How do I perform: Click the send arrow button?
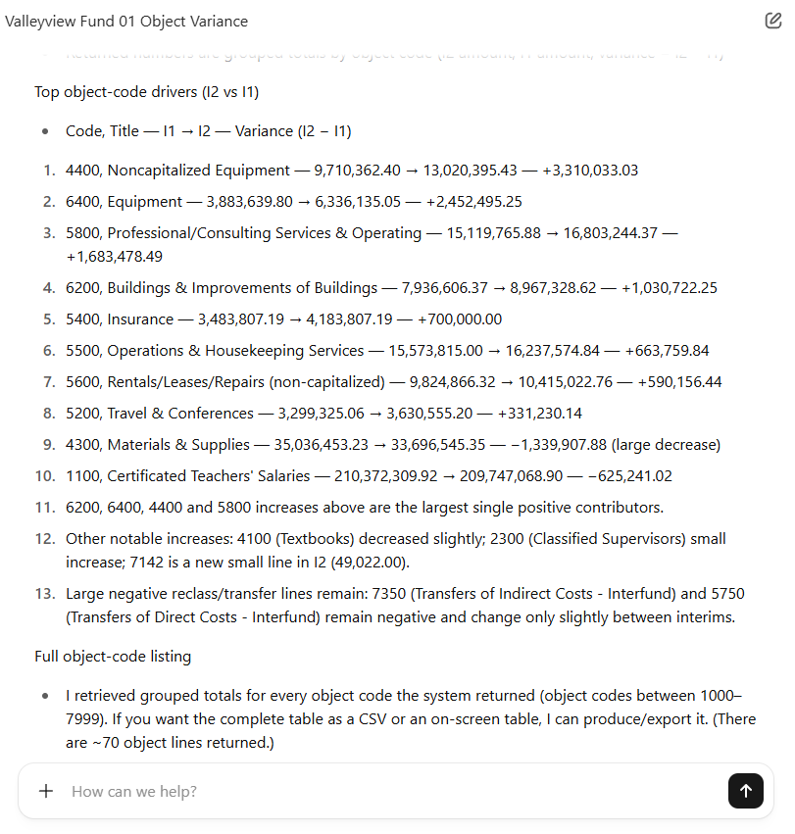point(745,791)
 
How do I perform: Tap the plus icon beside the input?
point(46,791)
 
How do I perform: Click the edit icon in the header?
point(772,21)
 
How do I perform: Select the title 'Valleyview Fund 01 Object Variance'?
point(126,22)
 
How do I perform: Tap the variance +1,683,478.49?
point(114,257)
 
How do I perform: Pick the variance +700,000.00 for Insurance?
point(459,319)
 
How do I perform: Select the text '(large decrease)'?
point(666,445)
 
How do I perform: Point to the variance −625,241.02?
point(629,476)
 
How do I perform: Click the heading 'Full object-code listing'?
point(113,657)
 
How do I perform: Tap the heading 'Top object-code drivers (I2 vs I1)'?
point(146,92)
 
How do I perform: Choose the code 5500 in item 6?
point(81,351)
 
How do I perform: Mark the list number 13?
point(45,594)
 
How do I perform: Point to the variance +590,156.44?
point(681,382)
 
